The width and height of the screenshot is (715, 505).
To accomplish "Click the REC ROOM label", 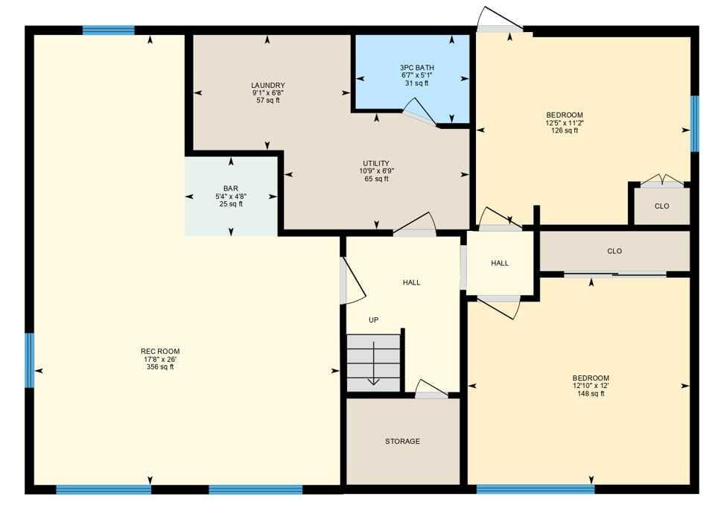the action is pyautogui.click(x=160, y=352).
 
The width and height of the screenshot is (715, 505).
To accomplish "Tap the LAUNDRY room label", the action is pyautogui.click(x=268, y=86).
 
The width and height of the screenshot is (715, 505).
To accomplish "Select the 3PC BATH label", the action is pyautogui.click(x=417, y=68).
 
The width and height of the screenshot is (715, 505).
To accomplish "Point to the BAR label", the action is pyautogui.click(x=231, y=188).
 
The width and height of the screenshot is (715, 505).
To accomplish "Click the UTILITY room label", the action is pyautogui.click(x=376, y=163).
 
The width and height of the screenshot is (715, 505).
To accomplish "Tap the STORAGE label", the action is pyautogui.click(x=403, y=441).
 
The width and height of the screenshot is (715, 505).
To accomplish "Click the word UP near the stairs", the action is pyautogui.click(x=373, y=320).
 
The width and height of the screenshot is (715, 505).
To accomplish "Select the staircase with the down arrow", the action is pyautogui.click(x=374, y=363).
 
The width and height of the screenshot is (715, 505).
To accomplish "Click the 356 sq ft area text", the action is pyautogui.click(x=160, y=366).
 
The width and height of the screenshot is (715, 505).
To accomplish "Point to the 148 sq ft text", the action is pyautogui.click(x=591, y=393).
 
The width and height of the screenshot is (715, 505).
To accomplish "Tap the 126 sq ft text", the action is pyautogui.click(x=565, y=130).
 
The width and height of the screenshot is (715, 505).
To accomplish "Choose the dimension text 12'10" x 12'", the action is pyautogui.click(x=591, y=386).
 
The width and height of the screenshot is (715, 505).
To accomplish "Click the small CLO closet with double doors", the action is pyautogui.click(x=661, y=206).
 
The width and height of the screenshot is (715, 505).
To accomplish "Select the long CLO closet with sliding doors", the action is pyautogui.click(x=614, y=251).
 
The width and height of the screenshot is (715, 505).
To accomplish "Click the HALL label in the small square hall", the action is pyautogui.click(x=500, y=263).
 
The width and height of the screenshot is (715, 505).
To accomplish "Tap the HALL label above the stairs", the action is pyautogui.click(x=412, y=282).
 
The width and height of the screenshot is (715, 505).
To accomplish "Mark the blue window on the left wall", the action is pyautogui.click(x=29, y=360).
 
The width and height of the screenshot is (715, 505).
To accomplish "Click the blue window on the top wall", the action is pyautogui.click(x=109, y=31).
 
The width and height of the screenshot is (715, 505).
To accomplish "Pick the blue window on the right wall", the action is pyautogui.click(x=694, y=124).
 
